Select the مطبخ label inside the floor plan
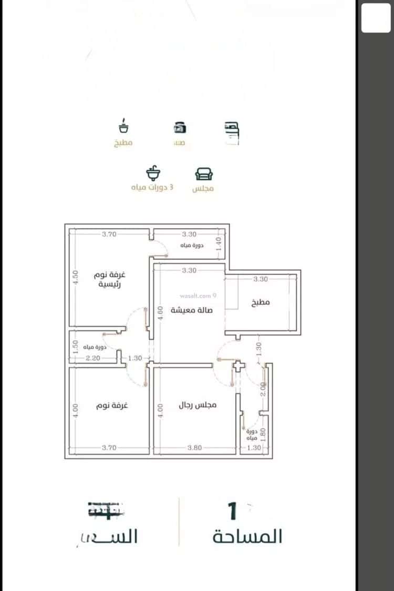click(x=261, y=302)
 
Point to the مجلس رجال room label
click(x=198, y=405)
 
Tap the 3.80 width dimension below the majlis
click(x=195, y=447)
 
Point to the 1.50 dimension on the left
click(x=75, y=346)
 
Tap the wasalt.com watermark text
click(x=198, y=296)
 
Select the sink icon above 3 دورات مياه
click(x=152, y=173)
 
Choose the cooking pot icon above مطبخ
click(x=124, y=127)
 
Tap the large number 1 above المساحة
click(x=232, y=511)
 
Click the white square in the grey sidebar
click(x=376, y=17)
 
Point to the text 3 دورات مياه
click(x=152, y=188)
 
